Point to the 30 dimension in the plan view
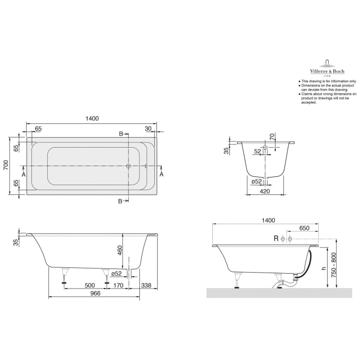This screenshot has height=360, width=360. (148, 129)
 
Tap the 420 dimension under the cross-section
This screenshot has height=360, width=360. (265, 191)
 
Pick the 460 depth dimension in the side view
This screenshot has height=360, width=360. (119, 251)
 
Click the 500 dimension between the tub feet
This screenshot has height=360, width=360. (89, 285)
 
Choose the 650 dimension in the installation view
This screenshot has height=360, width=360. (304, 227)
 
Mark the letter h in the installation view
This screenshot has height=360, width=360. (323, 267)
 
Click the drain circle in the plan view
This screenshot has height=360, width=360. (129, 166)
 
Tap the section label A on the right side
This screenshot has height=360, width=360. (161, 175)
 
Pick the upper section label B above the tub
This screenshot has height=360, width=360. (121, 134)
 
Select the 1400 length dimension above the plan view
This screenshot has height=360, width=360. (92, 118)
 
